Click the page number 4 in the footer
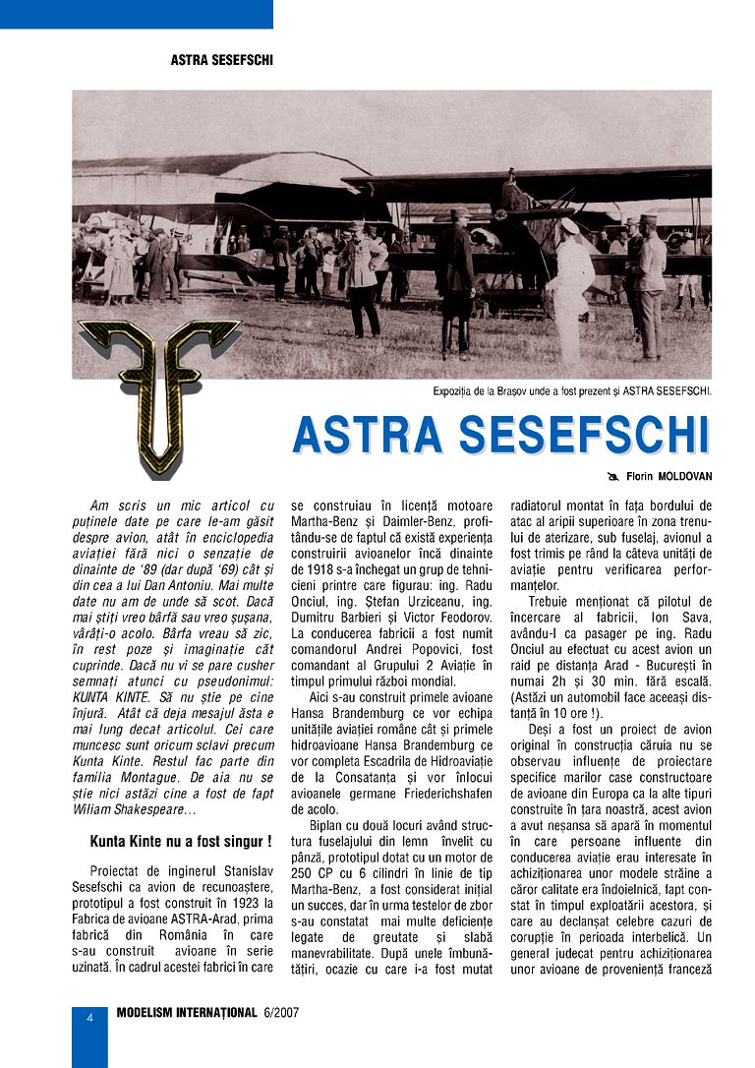click(89, 1018)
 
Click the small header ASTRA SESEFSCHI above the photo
click(221, 60)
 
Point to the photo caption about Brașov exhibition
click(572, 390)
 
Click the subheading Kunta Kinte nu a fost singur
click(181, 843)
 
